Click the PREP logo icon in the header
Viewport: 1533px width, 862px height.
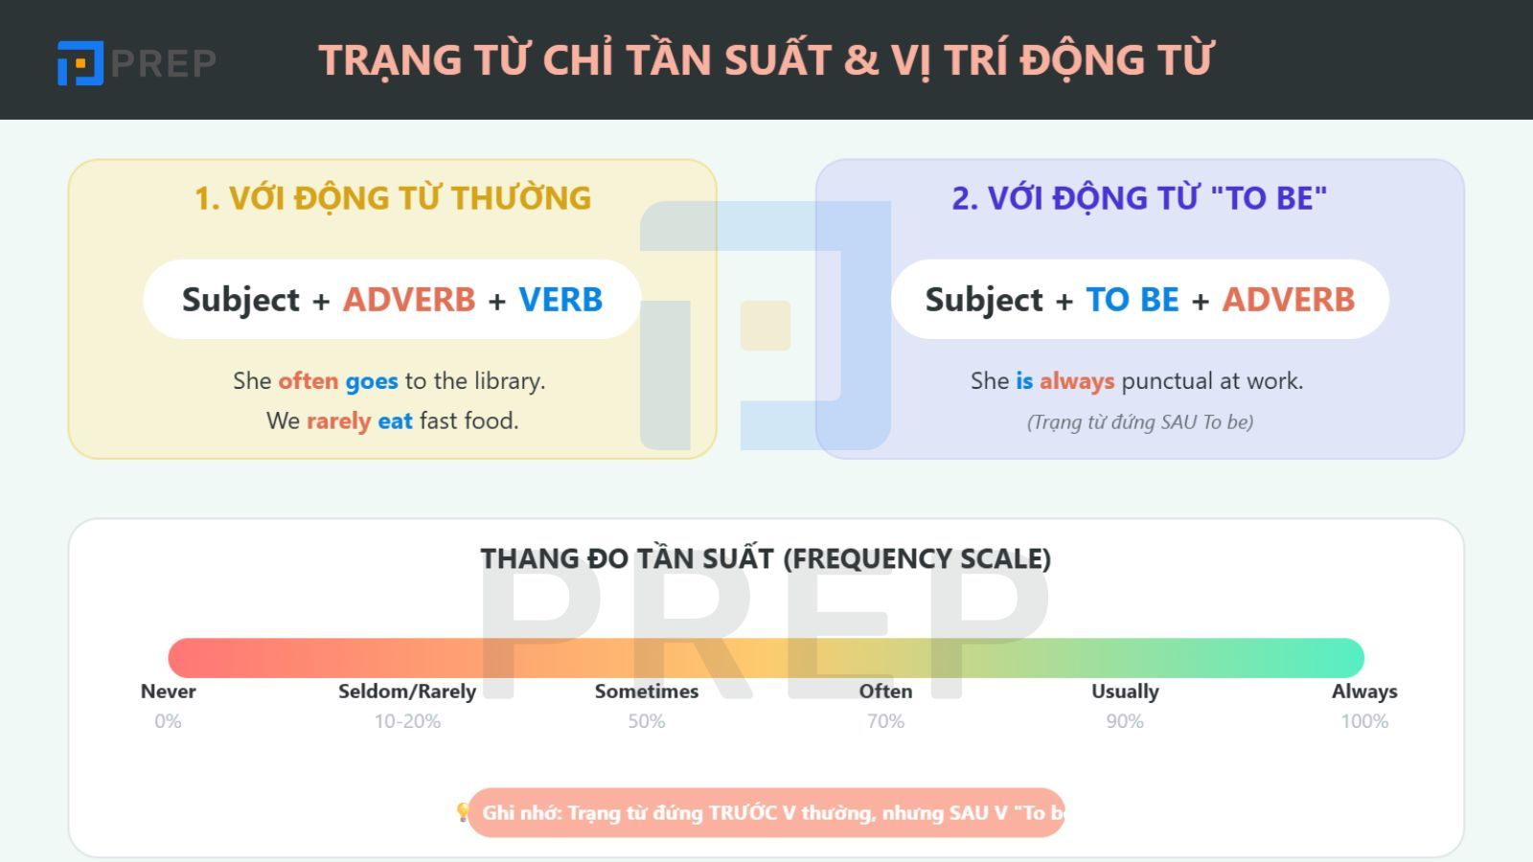click(80, 63)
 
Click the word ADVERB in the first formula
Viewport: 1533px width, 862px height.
click(409, 300)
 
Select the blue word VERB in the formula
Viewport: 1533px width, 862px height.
click(561, 300)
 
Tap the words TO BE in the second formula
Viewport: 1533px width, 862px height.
click(1133, 300)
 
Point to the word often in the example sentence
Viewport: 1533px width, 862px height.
click(309, 381)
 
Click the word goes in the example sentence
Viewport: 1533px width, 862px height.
click(372, 381)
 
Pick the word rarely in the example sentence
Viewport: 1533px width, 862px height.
click(338, 421)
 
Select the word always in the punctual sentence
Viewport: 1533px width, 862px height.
click(1077, 381)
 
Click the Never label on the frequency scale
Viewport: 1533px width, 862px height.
click(168, 692)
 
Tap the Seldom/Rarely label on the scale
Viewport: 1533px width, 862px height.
click(407, 692)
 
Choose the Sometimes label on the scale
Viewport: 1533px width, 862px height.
click(647, 692)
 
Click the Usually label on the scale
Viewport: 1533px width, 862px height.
click(1125, 692)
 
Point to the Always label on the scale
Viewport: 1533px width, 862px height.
click(1364, 692)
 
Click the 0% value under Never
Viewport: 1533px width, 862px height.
click(168, 721)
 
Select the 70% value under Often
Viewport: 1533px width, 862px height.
click(885, 721)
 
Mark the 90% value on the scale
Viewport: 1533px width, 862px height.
click(1125, 721)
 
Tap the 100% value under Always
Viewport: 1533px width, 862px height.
click(1364, 721)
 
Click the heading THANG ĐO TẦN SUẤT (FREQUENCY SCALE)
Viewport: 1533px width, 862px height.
click(766, 558)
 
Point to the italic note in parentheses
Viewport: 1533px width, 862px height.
click(1140, 422)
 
